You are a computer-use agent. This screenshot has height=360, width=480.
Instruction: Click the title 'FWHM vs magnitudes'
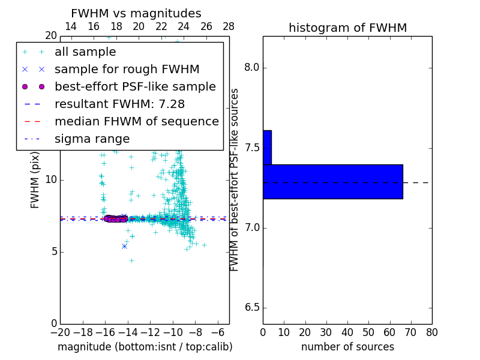(136, 14)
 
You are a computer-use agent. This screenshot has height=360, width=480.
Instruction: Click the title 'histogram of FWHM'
(347, 28)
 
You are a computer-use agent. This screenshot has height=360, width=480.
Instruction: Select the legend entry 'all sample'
(85, 52)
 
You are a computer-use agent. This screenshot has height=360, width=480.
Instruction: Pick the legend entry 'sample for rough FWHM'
(127, 70)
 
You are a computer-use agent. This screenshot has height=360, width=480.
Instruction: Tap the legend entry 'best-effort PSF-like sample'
(135, 87)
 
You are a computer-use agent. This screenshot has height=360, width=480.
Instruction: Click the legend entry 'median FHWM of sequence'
(136, 122)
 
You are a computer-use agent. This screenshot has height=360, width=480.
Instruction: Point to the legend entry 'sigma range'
(92, 139)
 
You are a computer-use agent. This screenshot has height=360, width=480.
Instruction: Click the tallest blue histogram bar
(333, 181)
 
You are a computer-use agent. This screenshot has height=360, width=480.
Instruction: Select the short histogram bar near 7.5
(267, 147)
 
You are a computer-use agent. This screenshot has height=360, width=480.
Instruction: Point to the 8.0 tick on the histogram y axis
(252, 68)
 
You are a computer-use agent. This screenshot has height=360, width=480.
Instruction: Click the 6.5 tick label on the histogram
(252, 308)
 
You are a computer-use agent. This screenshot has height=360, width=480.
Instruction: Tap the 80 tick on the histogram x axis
(431, 332)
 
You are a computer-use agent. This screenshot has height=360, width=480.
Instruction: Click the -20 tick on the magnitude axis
(60, 332)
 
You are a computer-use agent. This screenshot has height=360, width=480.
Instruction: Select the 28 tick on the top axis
(229, 26)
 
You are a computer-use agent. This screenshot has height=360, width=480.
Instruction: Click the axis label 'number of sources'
(347, 347)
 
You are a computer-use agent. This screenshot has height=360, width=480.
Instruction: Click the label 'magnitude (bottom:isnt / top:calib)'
(145, 347)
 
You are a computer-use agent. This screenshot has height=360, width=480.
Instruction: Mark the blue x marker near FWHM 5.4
(124, 246)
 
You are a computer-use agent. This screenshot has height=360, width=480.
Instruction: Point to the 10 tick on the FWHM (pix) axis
(51, 179)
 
